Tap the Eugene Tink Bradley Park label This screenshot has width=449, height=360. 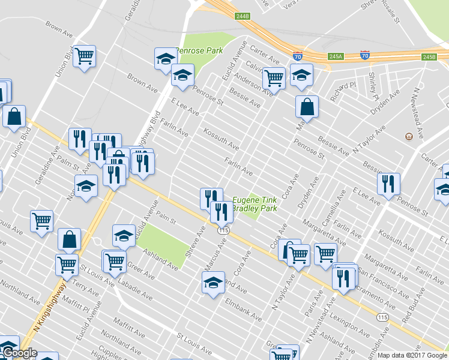point(255,204)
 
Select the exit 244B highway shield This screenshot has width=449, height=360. point(243,16)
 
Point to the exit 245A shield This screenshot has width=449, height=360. point(335,56)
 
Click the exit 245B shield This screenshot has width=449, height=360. point(429,57)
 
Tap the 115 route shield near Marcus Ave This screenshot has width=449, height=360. point(224,230)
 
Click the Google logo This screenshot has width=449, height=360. point(19,353)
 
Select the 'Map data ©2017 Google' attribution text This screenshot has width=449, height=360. point(412,355)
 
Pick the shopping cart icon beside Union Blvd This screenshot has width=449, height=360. point(85,56)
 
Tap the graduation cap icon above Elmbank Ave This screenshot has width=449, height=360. point(213,282)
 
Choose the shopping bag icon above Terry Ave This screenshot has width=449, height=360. point(70,239)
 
